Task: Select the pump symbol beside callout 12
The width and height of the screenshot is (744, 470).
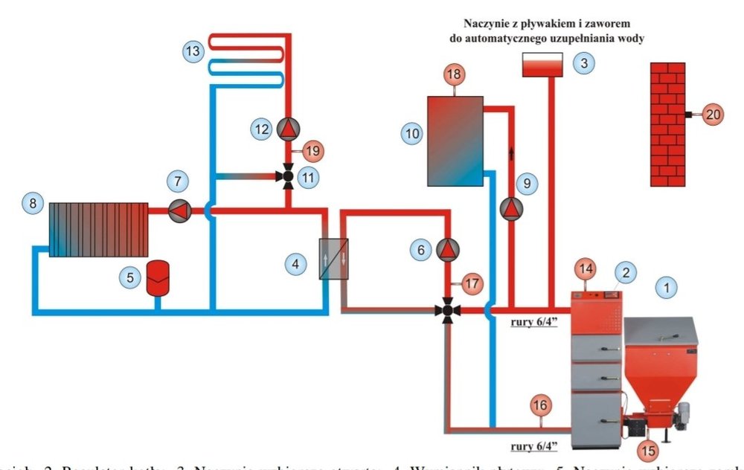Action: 287,129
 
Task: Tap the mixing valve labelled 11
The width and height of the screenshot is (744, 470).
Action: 287,177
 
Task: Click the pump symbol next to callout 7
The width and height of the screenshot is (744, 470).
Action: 179,211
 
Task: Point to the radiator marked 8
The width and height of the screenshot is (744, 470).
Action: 100,229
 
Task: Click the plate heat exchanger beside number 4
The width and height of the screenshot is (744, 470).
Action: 333,258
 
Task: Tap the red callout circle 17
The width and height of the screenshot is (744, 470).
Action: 471,283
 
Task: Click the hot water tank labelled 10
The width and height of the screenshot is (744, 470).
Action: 455,141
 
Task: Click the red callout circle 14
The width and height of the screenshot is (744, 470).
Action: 586,268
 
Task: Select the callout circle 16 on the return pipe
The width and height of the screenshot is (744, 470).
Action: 542,405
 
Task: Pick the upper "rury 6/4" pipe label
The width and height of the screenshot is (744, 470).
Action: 539,323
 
